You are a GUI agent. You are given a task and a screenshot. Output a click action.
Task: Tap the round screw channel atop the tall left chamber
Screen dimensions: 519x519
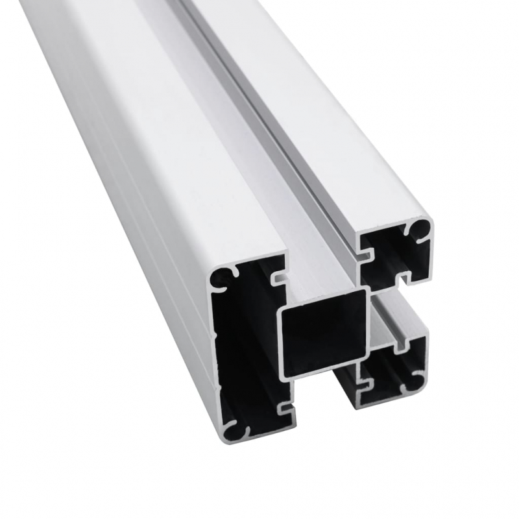coord(223,277)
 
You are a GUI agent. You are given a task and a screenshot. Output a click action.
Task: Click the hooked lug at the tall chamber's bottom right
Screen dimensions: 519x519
coord(283,408)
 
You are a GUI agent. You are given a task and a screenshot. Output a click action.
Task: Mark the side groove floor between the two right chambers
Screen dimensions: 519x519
coord(389,318)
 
